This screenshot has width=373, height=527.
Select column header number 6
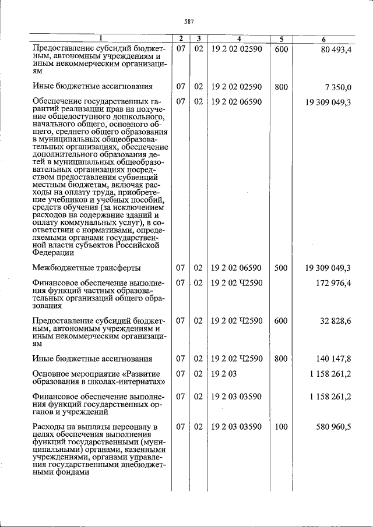click(323, 39)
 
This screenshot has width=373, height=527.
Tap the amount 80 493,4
click(336, 49)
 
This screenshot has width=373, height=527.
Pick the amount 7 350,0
click(339, 87)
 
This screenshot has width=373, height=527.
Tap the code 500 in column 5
click(281, 268)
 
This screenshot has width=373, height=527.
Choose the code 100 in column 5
click(281, 427)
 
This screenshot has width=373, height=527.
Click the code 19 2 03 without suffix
click(224, 374)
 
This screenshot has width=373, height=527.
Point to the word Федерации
click(53, 253)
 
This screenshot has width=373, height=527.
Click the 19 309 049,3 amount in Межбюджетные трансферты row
click(328, 268)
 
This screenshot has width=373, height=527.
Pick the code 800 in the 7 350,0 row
click(281, 87)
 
